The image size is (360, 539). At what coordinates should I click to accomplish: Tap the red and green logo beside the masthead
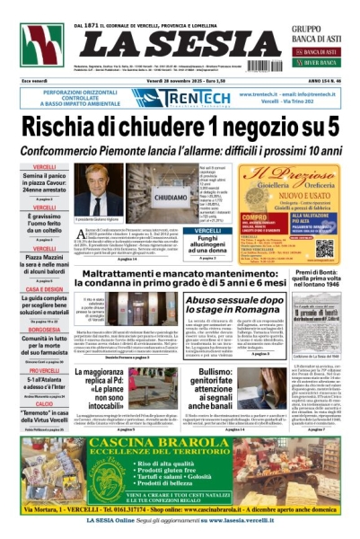(x=41, y=46)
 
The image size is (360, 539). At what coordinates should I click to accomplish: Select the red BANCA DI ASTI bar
(x=320, y=52)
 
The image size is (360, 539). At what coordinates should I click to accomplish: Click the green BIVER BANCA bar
(x=320, y=64)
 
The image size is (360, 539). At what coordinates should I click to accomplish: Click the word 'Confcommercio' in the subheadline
(x=75, y=152)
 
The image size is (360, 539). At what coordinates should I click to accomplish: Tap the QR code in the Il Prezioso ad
(x=324, y=247)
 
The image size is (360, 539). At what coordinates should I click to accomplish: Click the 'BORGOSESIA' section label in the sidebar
(x=44, y=330)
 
